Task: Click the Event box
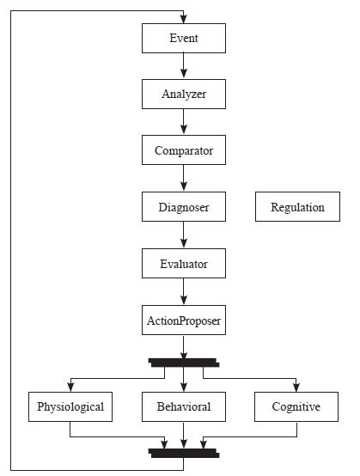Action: (184, 39)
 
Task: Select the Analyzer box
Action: (184, 95)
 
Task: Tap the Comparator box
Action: (184, 151)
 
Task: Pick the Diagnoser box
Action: (184, 207)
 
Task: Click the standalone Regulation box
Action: (297, 207)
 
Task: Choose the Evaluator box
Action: (184, 264)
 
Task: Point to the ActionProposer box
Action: (184, 320)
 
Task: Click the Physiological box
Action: (70, 406)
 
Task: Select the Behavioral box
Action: (184, 406)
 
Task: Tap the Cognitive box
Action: (297, 406)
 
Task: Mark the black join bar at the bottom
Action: (184, 451)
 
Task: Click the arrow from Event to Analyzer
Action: (184, 67)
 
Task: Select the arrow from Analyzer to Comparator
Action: (184, 123)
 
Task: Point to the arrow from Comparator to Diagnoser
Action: (184, 180)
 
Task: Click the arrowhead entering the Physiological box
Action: (70, 387)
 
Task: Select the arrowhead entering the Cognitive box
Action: (297, 387)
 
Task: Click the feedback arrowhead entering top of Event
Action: (184, 19)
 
